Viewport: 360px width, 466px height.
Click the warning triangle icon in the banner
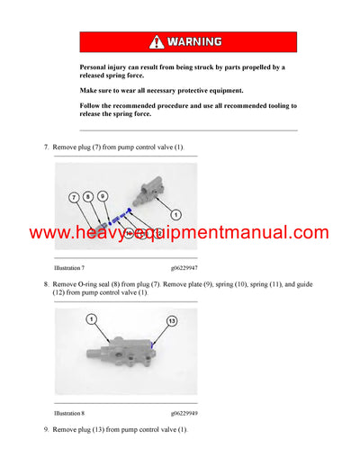pos(157,41)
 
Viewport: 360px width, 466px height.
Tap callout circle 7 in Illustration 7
pos(73,196)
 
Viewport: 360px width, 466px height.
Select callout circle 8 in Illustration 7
pos(88,196)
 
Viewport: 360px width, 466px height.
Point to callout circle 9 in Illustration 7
pos(103,196)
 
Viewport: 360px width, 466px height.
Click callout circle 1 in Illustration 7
pos(175,214)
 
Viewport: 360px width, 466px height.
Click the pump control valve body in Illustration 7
pos(148,188)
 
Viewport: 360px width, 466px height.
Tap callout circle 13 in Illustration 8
pos(171,320)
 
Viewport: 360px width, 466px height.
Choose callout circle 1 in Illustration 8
pos(91,319)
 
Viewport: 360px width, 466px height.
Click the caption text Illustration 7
pos(70,268)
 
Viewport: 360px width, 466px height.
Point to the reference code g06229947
pos(186,268)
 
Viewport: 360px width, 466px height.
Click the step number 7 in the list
pos(46,146)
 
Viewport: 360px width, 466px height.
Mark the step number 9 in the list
pos(46,430)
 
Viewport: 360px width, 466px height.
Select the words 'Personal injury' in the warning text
pos(102,67)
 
